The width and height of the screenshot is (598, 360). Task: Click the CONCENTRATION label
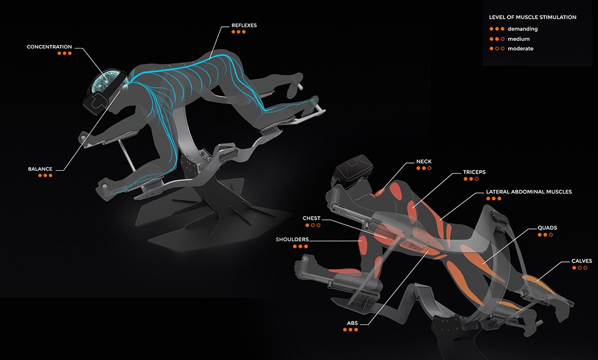click(x=49, y=47)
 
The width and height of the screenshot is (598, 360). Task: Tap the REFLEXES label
click(x=244, y=26)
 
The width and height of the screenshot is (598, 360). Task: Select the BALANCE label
click(x=40, y=169)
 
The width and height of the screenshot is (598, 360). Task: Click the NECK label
click(x=424, y=161)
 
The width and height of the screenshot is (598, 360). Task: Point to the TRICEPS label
click(x=474, y=172)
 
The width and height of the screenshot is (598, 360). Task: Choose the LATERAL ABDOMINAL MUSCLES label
click(x=529, y=192)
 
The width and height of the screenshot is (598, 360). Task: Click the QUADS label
click(x=547, y=228)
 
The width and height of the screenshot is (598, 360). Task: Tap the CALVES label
click(x=582, y=261)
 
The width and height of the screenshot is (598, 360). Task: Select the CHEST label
click(x=312, y=219)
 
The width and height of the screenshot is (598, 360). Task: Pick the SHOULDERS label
click(x=292, y=240)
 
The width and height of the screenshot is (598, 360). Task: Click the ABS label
click(x=352, y=323)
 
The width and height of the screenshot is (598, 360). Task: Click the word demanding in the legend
click(x=523, y=29)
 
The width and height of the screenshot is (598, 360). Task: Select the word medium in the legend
click(x=519, y=39)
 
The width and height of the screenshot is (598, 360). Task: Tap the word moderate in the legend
click(x=520, y=49)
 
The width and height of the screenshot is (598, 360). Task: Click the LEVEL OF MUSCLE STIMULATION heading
click(x=533, y=17)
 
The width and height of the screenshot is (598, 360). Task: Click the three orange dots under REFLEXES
click(x=238, y=32)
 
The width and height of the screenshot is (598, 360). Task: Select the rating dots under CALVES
click(x=580, y=268)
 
